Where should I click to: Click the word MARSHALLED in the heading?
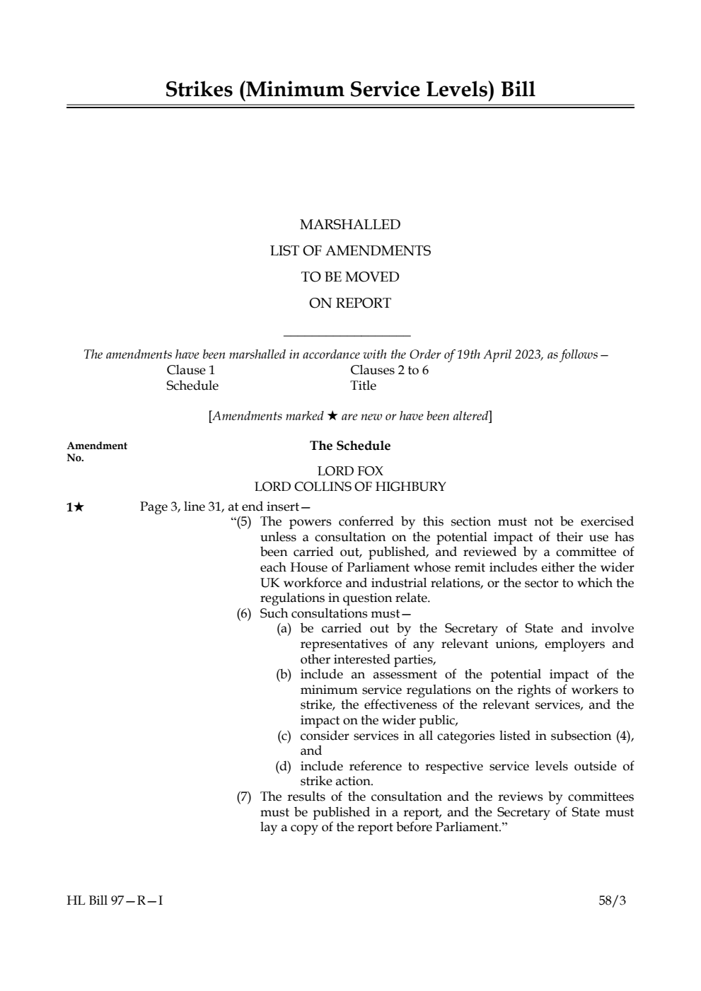point(349,225)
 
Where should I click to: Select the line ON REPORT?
point(349,303)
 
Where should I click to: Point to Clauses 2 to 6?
point(389,370)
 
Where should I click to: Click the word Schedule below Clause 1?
point(192,386)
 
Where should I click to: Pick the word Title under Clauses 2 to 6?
point(363,386)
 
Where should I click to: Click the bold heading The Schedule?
point(349,446)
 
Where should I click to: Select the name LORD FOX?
point(349,471)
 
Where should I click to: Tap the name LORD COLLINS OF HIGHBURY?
point(349,487)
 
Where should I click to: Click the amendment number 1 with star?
point(75,507)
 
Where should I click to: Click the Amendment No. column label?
point(96,451)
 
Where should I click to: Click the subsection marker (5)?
point(243,522)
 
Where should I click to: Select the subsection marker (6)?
point(243,614)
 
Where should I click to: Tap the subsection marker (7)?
point(243,797)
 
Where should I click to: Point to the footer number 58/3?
point(612,901)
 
